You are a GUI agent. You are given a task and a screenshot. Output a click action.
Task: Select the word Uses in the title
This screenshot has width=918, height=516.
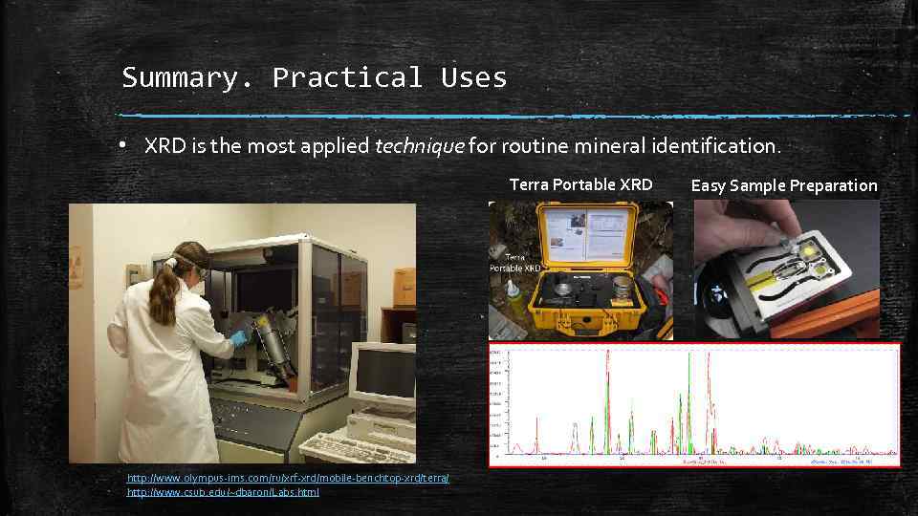pyautogui.click(x=474, y=77)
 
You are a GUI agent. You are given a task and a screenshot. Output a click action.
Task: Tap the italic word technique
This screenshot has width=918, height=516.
pyautogui.click(x=419, y=146)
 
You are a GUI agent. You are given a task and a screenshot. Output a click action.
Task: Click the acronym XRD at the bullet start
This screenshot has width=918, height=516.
pyautogui.click(x=163, y=146)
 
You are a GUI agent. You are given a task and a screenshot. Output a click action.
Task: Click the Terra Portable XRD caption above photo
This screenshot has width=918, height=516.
pyautogui.click(x=580, y=185)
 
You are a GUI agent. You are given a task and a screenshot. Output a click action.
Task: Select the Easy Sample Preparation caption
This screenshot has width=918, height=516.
pyautogui.click(x=783, y=185)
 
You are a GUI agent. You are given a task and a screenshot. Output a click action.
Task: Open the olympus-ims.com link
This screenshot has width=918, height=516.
pyautogui.click(x=287, y=478)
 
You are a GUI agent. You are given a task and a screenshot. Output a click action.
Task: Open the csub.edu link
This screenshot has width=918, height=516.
pyautogui.click(x=223, y=492)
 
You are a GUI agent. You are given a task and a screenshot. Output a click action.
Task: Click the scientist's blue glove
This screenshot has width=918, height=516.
pyautogui.click(x=238, y=337)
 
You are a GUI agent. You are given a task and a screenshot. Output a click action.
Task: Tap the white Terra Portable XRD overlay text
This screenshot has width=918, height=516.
pyautogui.click(x=515, y=263)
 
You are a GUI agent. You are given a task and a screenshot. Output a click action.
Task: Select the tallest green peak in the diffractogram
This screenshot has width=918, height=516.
pyautogui.click(x=688, y=401)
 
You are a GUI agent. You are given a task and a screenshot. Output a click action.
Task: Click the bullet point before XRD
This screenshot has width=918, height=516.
pyautogui.click(x=123, y=146)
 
